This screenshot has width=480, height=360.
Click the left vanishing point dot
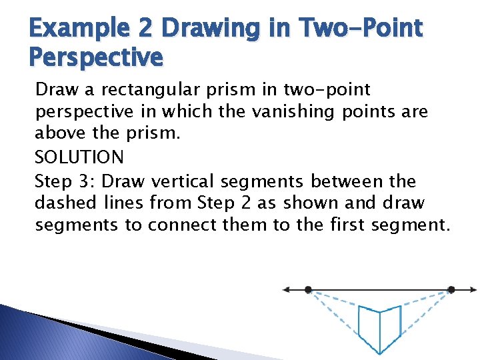(x=308, y=290)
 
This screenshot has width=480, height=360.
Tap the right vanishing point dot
(x=451, y=290)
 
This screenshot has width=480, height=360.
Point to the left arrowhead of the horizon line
(x=286, y=290)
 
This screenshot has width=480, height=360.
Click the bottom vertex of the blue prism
(x=379, y=352)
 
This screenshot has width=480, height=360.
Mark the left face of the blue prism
(x=369, y=325)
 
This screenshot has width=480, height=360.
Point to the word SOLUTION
(x=79, y=157)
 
